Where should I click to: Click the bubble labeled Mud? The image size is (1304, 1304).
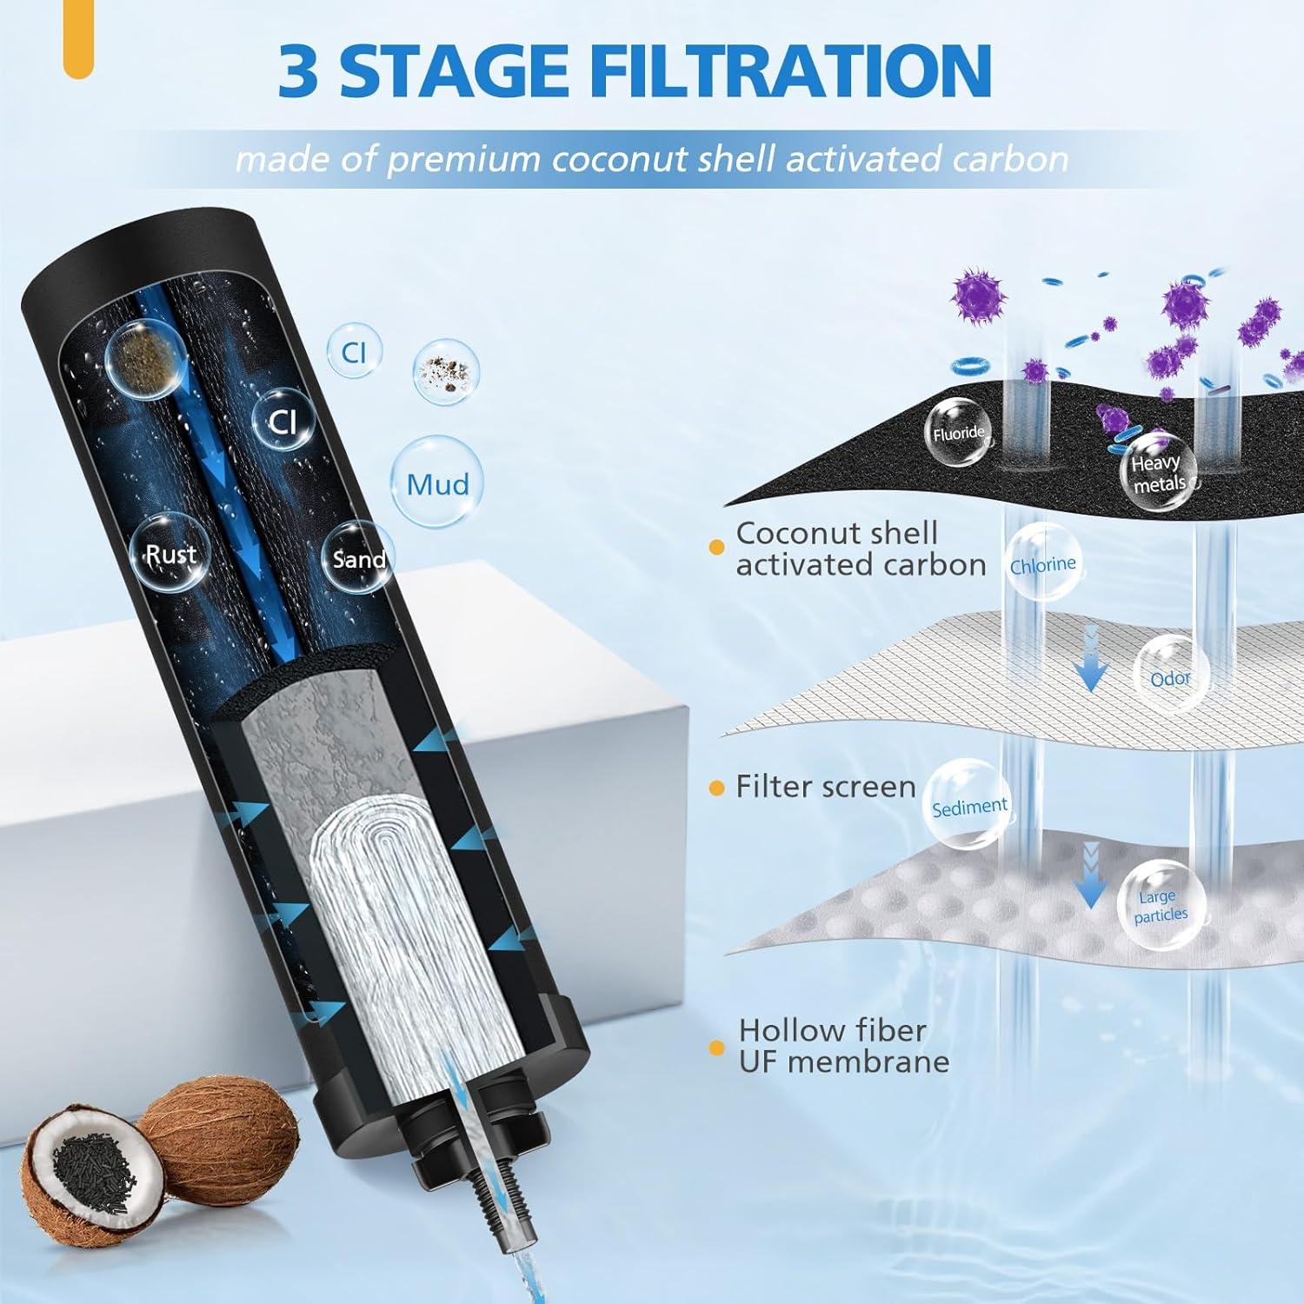[x=437, y=483]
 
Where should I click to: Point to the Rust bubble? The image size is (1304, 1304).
[x=170, y=555]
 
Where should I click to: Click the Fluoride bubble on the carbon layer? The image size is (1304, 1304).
[x=958, y=433]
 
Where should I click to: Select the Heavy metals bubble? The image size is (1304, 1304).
[x=1157, y=473]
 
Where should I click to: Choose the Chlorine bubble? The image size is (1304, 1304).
[x=1042, y=563]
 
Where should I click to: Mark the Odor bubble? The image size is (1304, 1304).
[x=1169, y=676]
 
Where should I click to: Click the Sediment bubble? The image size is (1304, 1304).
[x=968, y=805]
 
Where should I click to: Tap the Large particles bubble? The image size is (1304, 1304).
[x=1161, y=905]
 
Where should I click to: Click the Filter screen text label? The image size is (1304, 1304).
[x=825, y=787]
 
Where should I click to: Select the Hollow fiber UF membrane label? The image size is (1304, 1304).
[x=842, y=1046]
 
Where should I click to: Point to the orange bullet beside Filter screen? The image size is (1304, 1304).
[x=716, y=788]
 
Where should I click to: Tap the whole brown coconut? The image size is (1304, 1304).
[x=217, y=1130]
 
